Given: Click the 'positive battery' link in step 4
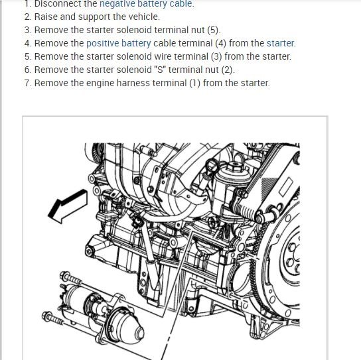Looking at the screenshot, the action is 119,43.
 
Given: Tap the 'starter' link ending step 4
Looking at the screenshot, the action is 280,43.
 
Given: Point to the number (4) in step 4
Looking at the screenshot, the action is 221,43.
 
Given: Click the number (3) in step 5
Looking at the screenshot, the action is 216,56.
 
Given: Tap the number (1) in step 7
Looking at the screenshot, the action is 195,83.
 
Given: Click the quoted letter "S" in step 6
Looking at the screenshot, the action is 160,70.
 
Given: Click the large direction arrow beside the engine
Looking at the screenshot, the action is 68,206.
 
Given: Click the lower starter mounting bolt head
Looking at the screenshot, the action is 47,316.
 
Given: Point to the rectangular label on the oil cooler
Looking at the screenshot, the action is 286,186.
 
